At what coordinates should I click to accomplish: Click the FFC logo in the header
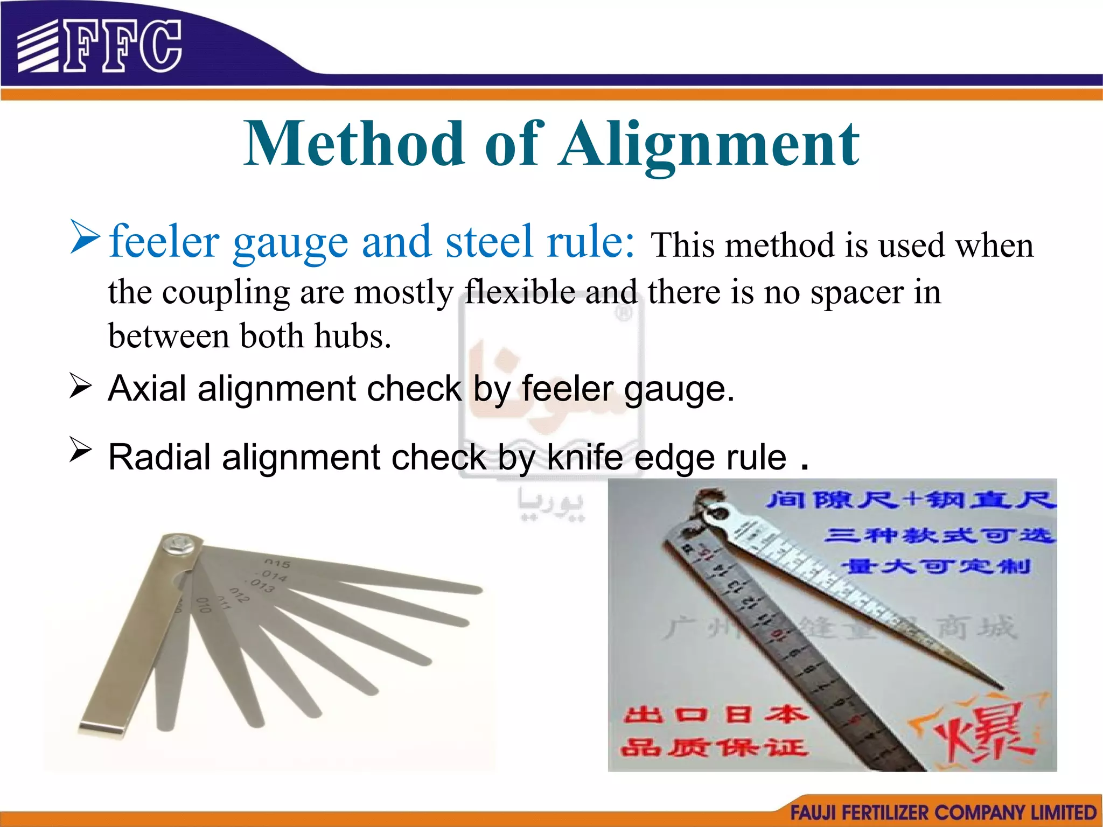(100, 46)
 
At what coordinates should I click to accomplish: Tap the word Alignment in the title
(709, 144)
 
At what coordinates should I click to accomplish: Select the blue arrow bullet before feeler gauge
(85, 237)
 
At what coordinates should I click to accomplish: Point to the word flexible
(520, 292)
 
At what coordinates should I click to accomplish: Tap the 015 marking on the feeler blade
(277, 563)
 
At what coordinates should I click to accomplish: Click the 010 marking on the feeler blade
(203, 605)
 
